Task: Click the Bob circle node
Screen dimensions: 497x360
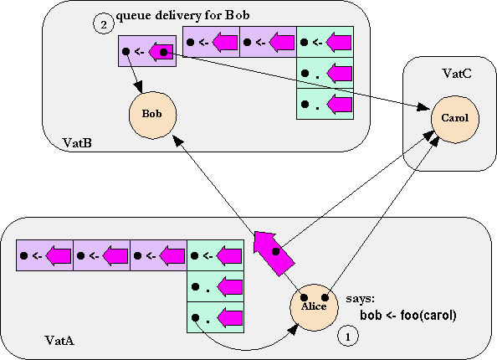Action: click(152, 116)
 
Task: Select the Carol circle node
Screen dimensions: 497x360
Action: click(455, 119)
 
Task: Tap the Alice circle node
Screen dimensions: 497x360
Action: click(314, 307)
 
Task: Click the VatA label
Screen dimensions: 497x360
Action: click(59, 341)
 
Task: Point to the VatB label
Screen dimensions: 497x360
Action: click(77, 142)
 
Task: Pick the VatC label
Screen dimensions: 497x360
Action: click(457, 74)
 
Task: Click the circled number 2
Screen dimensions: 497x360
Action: click(104, 23)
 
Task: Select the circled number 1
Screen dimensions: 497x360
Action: click(348, 337)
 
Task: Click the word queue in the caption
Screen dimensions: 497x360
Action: click(134, 16)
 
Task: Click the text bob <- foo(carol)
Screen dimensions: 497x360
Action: click(408, 316)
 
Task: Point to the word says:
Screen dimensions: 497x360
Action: click(360, 299)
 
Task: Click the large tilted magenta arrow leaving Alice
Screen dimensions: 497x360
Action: click(274, 253)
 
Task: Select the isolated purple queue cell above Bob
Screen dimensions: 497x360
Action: click(147, 51)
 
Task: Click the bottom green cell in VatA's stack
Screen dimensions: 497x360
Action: click(216, 317)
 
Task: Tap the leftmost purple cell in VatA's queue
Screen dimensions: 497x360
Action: click(44, 255)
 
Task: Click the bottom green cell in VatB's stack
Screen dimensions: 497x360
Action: click(325, 104)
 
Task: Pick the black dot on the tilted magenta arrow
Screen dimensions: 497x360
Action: click(276, 251)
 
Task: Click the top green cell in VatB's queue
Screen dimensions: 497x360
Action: click(325, 42)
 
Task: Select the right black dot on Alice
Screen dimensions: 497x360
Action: click(325, 297)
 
